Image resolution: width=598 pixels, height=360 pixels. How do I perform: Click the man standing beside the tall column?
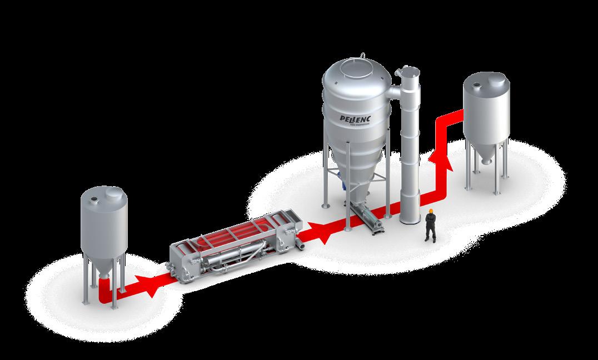430,226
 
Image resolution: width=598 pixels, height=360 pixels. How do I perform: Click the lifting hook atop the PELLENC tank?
363,54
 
